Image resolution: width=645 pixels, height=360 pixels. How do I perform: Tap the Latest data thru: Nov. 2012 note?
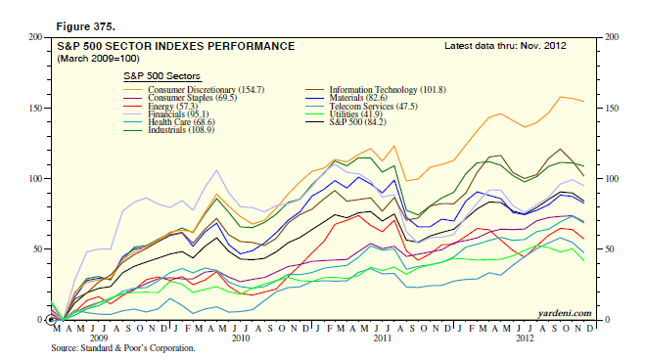[x=504, y=45]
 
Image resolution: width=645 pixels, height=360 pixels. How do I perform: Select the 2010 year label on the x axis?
[x=238, y=337]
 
